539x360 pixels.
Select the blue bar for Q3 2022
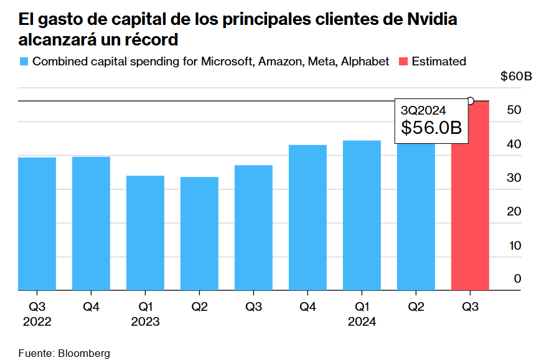(37, 224)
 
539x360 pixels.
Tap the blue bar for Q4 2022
(91, 224)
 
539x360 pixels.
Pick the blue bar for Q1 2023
(145, 234)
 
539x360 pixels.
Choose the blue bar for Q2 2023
(199, 234)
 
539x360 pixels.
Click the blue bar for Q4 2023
(307, 218)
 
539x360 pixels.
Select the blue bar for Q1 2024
(362, 216)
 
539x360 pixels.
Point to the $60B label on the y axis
(516, 77)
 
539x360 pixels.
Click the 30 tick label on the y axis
(514, 178)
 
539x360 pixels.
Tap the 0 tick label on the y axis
(517, 279)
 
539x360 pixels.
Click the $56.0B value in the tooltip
(431, 128)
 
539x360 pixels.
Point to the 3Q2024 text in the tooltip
(423, 110)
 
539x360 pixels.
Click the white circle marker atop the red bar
(471, 101)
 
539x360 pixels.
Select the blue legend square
(24, 62)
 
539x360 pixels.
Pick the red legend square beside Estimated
(403, 62)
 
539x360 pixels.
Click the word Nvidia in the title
(431, 19)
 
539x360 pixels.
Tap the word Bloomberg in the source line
(84, 353)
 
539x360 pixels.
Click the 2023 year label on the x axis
(145, 322)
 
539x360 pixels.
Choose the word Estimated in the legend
(439, 62)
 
